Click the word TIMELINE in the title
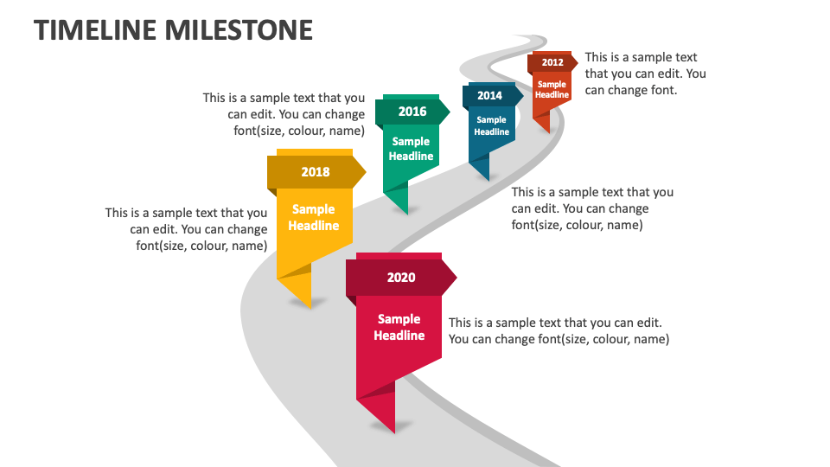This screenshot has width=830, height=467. pyautogui.click(x=96, y=30)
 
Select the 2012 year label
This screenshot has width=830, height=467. pyautogui.click(x=552, y=62)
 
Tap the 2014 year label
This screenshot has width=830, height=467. pyautogui.click(x=489, y=96)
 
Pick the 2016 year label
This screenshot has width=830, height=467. pyautogui.click(x=412, y=112)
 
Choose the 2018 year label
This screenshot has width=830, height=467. pyautogui.click(x=315, y=172)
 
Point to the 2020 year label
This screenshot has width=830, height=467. pyautogui.click(x=400, y=278)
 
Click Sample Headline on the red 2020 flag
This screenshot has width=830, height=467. pyautogui.click(x=399, y=327)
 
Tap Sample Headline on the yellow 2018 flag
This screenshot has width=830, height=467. pyautogui.click(x=314, y=217)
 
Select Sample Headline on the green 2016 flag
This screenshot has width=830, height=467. pyautogui.click(x=411, y=149)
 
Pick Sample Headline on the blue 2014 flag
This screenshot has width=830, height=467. pyautogui.click(x=491, y=126)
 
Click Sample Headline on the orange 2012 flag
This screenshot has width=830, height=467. pyautogui.click(x=552, y=90)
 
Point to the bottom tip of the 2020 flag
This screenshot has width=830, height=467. pyautogui.click(x=394, y=432)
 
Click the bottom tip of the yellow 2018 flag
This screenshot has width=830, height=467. pyautogui.click(x=309, y=306)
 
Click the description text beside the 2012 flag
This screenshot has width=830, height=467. pyautogui.click(x=645, y=74)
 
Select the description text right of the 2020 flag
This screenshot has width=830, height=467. pyautogui.click(x=559, y=330)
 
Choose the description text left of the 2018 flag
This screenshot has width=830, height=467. pyautogui.click(x=187, y=228)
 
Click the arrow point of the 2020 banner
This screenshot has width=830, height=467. pyautogui.click(x=455, y=278)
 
